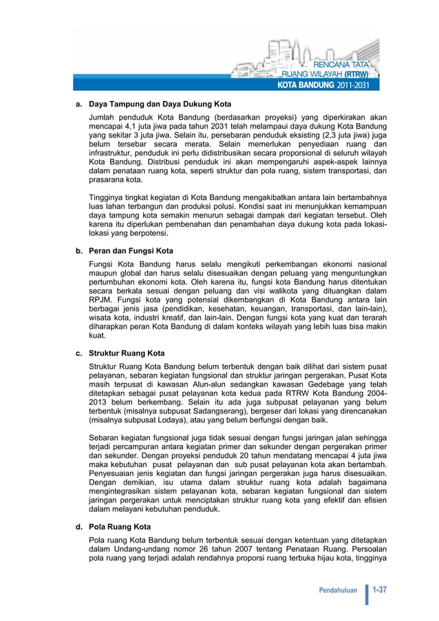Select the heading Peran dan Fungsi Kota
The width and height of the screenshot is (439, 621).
[x=131, y=251]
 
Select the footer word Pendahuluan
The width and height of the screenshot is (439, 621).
[x=339, y=591]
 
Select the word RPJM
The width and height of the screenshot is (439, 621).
[x=102, y=300]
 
